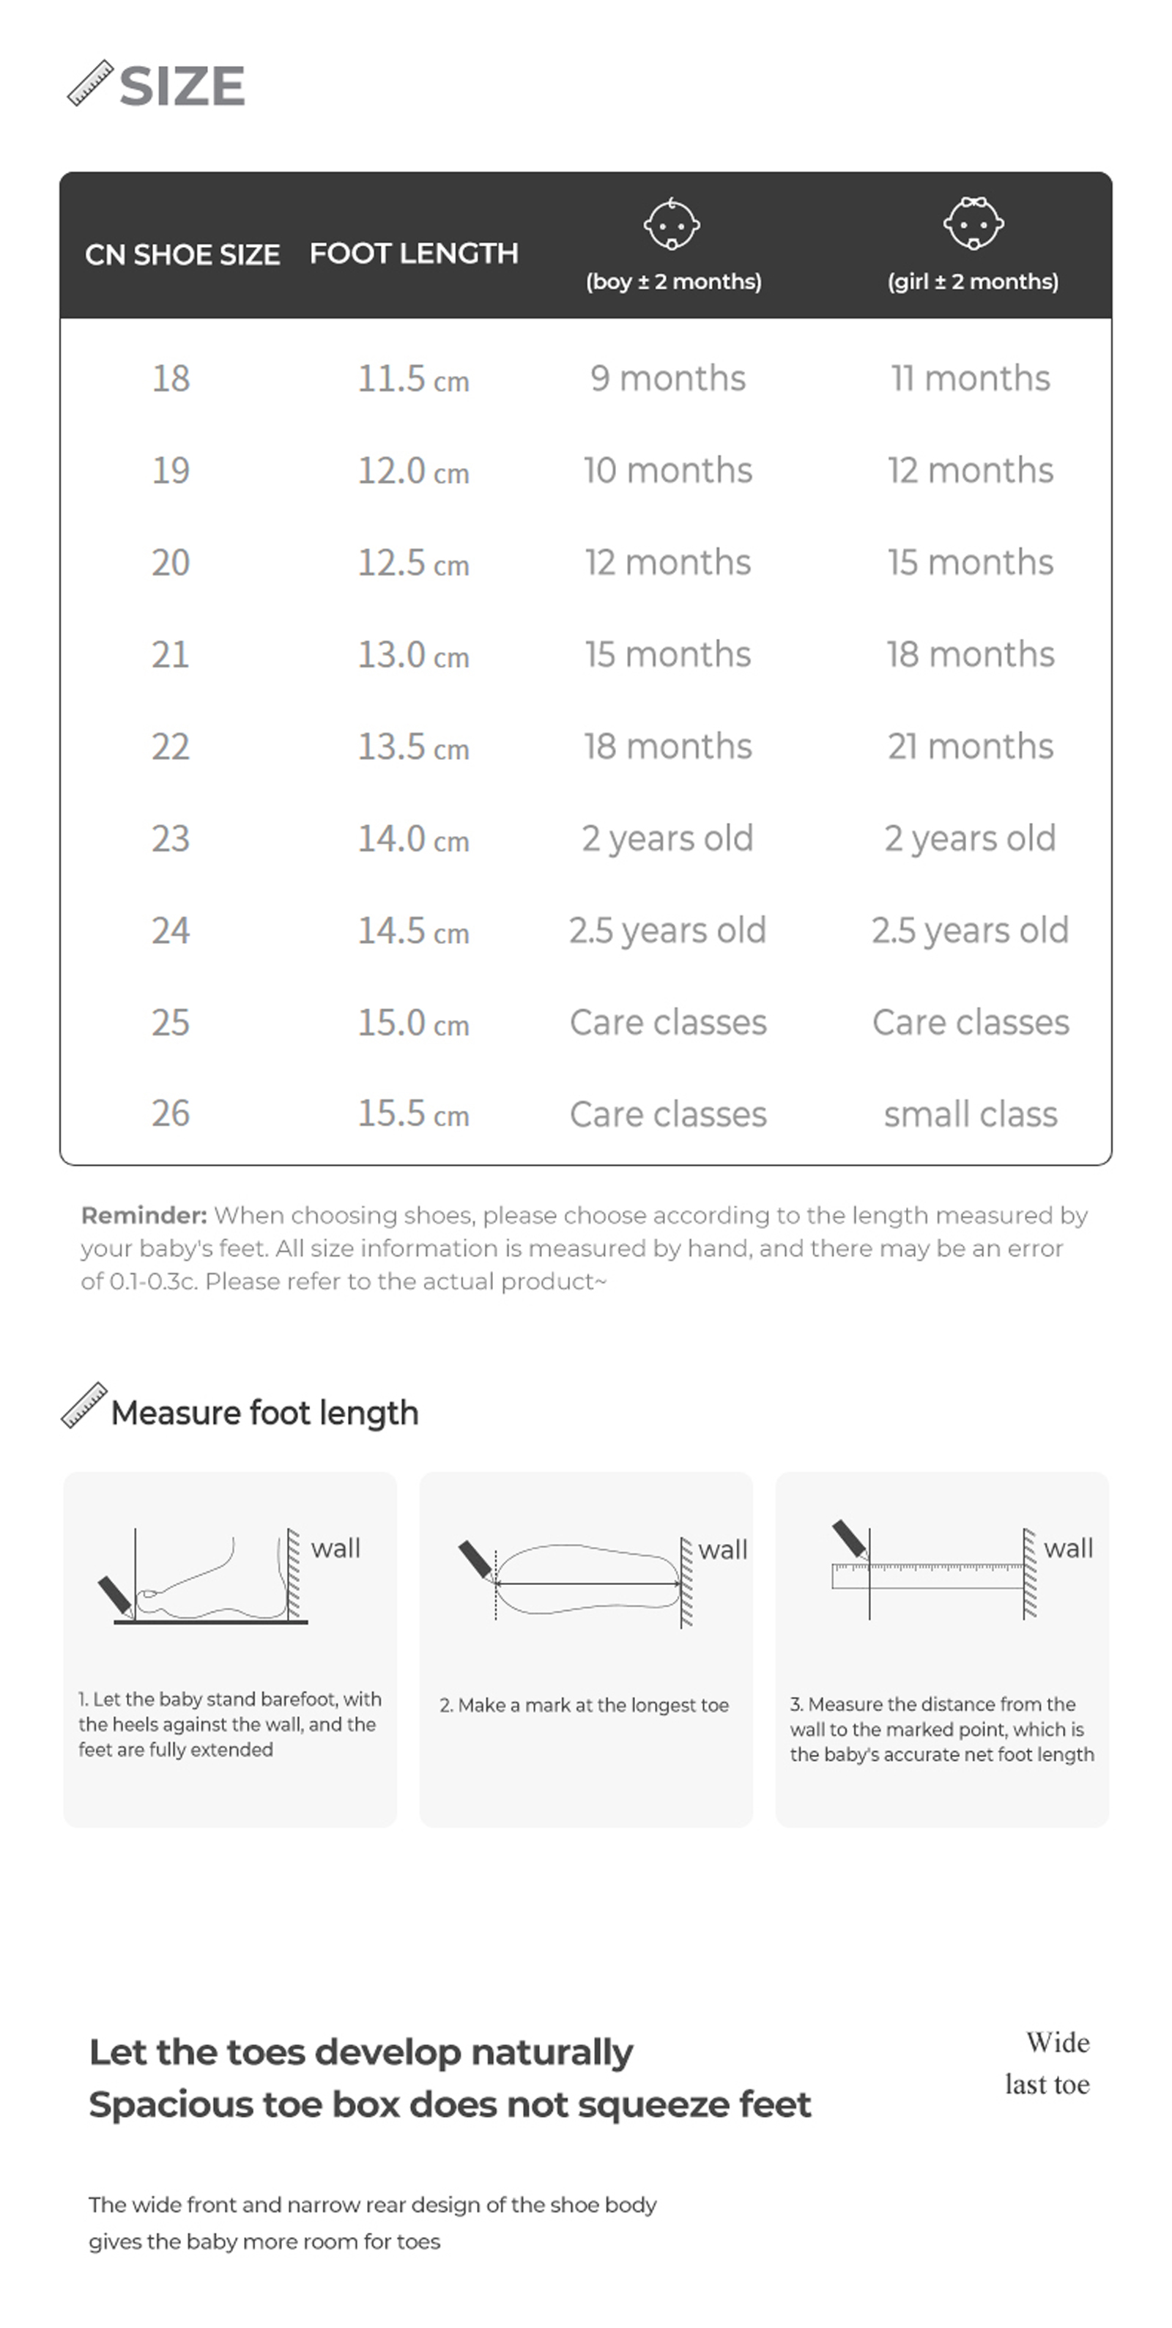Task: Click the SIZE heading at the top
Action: tap(181, 86)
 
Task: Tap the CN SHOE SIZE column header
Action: tap(182, 255)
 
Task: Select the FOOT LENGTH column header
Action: tap(414, 253)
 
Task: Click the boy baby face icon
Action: tap(672, 224)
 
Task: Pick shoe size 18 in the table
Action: tap(171, 379)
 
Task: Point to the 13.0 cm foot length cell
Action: tap(413, 654)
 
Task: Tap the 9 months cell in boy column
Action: tap(668, 378)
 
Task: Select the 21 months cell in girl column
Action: tap(970, 747)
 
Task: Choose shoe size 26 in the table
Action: tap(171, 1113)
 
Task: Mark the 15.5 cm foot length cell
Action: tap(413, 1113)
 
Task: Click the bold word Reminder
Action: tap(144, 1216)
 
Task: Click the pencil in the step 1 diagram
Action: tap(116, 1596)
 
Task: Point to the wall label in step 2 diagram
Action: tap(722, 1550)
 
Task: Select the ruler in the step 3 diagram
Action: tap(931, 1576)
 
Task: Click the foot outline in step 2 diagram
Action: tap(587, 1577)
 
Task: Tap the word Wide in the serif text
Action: tap(1057, 2042)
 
